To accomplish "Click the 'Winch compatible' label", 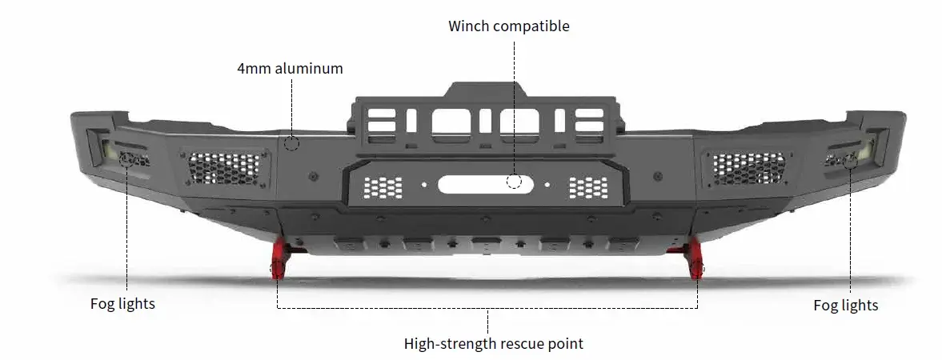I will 508,26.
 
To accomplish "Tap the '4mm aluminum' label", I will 290,68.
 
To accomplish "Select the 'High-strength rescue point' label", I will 493,344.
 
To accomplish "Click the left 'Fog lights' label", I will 122,304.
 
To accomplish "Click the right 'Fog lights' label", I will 845,305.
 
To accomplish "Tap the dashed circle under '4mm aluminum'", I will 291,143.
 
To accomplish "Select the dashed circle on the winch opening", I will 514,182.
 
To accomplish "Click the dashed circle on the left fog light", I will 126,159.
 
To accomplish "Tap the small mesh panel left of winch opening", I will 383,187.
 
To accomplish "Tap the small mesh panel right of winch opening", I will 588,188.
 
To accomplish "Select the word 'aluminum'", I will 308,68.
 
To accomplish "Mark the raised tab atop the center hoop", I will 486,90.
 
